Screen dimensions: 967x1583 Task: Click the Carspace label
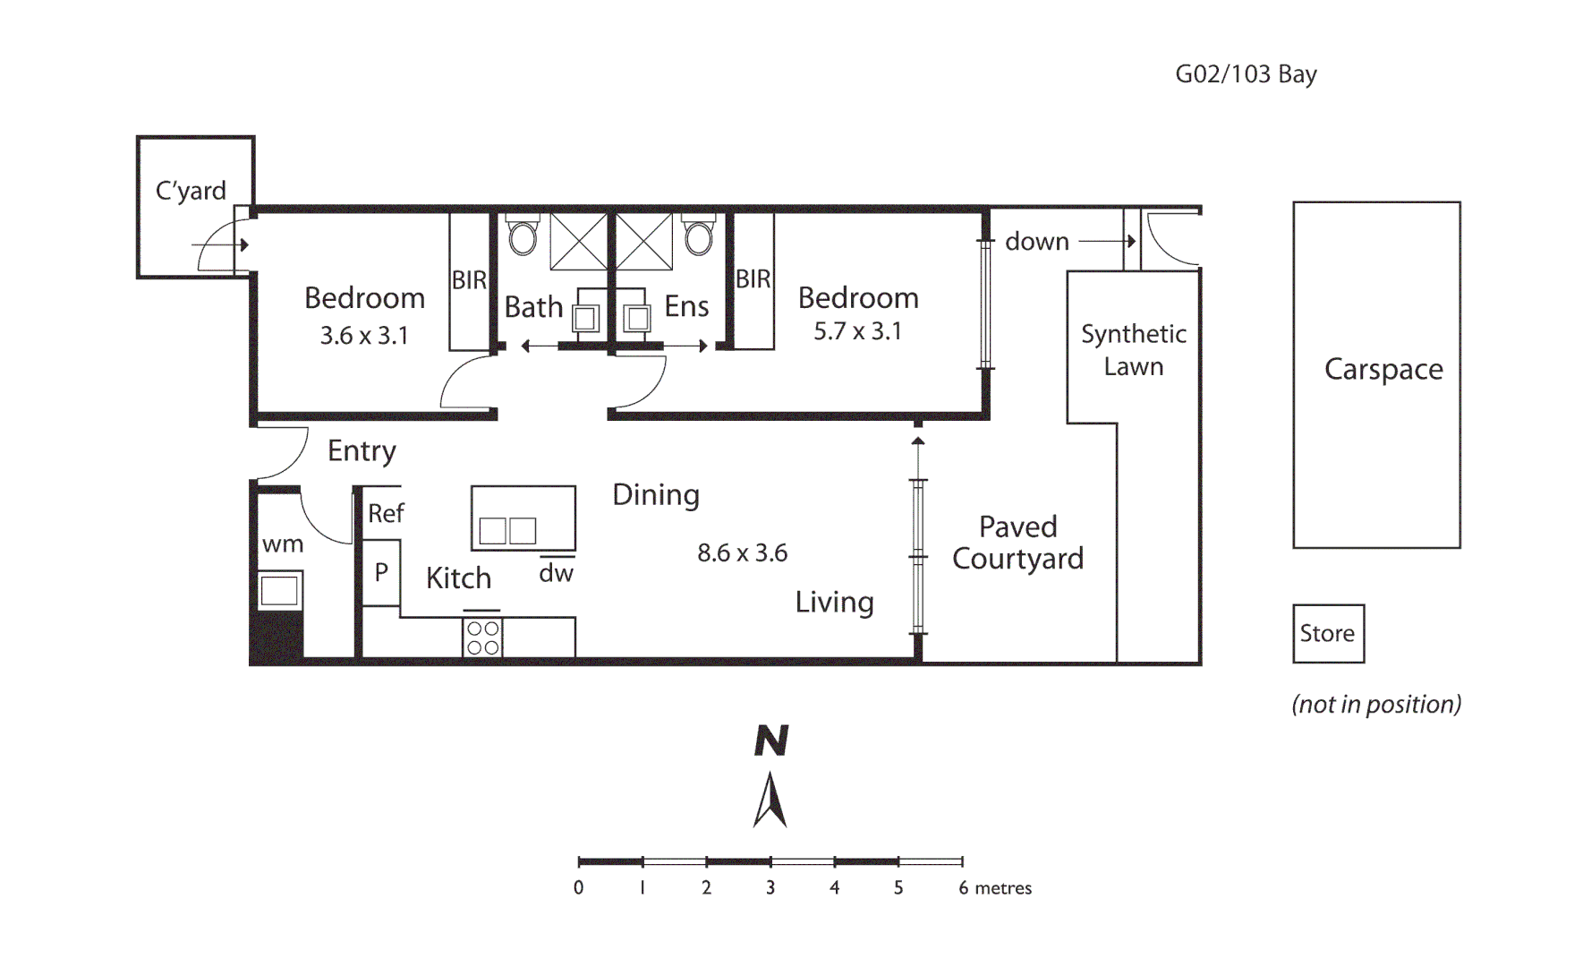(x=1383, y=369)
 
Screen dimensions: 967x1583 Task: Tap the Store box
(x=1328, y=633)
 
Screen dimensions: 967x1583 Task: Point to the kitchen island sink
(x=507, y=531)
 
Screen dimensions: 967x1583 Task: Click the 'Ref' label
(x=386, y=513)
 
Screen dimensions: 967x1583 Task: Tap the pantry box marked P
(x=381, y=572)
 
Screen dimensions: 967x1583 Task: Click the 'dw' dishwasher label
(x=556, y=573)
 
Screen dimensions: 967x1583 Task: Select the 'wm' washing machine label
(x=283, y=544)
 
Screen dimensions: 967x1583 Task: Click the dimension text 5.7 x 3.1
(x=857, y=331)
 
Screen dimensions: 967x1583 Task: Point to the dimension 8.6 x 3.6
(x=742, y=553)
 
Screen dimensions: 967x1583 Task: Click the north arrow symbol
(x=770, y=799)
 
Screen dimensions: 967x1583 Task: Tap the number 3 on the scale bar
(x=770, y=887)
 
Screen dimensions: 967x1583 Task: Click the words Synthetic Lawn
(x=1133, y=350)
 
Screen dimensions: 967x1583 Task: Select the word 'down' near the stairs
(x=1036, y=242)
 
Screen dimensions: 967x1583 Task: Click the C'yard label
(x=191, y=191)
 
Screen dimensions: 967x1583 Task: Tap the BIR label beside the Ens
(x=753, y=279)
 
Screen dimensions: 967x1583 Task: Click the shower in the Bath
(x=578, y=241)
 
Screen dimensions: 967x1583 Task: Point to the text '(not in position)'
(x=1375, y=705)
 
